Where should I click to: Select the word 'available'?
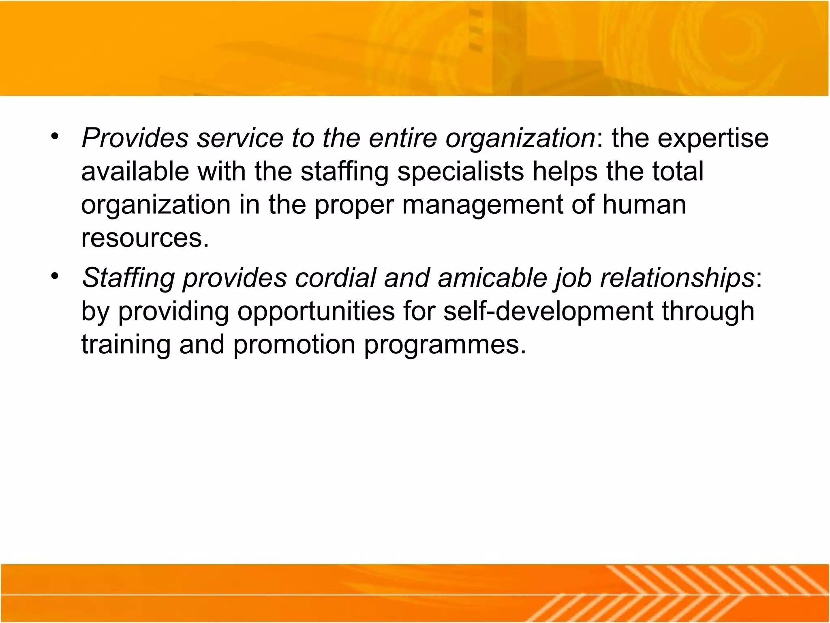135,172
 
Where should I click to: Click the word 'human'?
644,205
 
